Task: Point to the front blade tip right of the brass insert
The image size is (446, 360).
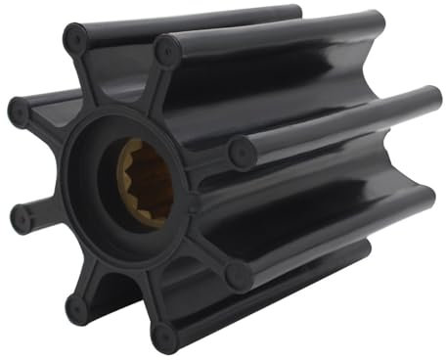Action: [241, 154]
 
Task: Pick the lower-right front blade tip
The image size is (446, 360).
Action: [239, 276]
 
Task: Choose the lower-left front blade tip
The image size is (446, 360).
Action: [77, 309]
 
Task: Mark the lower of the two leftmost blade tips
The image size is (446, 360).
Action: [22, 219]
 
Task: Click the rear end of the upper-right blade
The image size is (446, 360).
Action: [374, 22]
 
